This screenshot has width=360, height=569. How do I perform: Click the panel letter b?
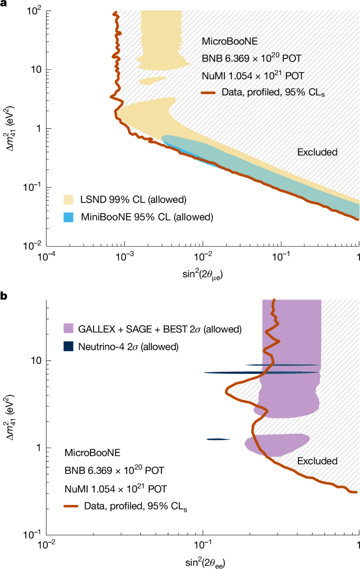pos(4,297)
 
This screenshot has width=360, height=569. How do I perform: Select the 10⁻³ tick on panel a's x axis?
pos(125,255)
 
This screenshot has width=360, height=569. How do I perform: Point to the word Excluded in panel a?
pos(317,153)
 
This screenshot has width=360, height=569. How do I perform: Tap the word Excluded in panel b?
pos(317,461)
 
